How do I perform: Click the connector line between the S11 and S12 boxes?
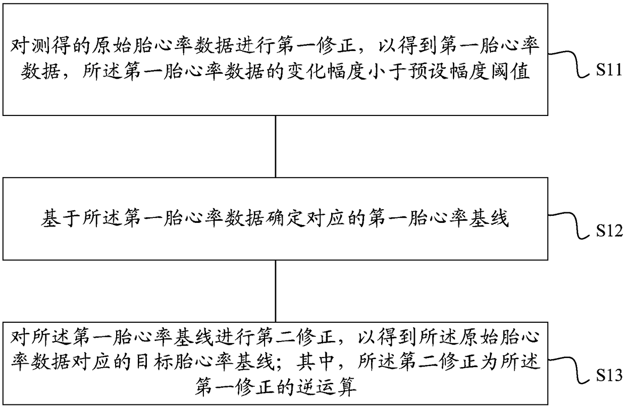click(275, 146)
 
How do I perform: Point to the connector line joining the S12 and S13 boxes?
click(275, 288)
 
